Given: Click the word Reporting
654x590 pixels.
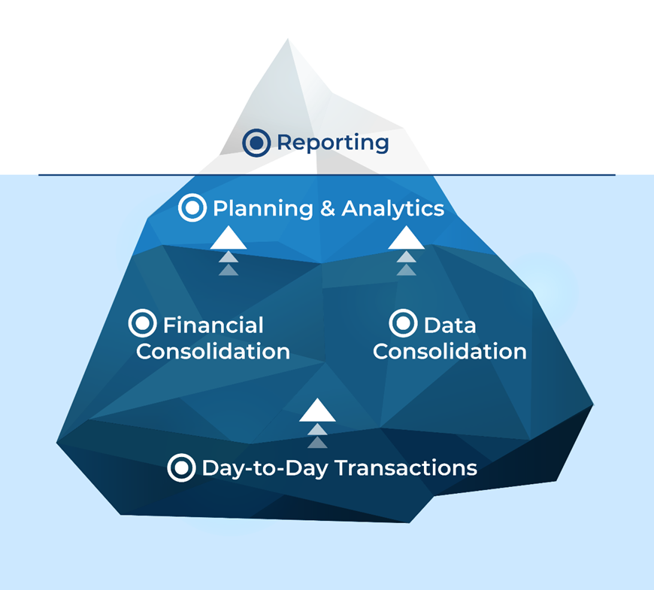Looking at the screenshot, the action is coord(333,144).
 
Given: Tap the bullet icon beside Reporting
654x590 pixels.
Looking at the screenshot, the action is coord(256,143).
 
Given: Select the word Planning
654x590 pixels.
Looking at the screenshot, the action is coord(263,208).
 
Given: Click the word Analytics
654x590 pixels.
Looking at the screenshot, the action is coord(393,208).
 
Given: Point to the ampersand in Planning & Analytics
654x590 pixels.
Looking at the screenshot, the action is coord(328,208).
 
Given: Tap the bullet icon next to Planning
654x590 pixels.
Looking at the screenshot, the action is coord(192,207).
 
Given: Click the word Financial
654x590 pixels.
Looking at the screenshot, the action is coord(213,325).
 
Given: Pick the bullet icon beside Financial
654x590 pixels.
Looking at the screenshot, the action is coord(143,323).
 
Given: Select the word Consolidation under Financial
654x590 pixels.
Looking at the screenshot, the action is coord(213,352).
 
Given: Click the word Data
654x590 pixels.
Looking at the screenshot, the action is coord(450,325).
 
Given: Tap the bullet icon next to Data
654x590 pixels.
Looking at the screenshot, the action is coord(404,323).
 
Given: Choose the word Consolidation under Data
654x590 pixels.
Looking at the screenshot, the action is coord(450,352).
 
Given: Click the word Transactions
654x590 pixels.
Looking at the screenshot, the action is coord(406,467).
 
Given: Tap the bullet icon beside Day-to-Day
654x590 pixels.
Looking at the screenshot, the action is coord(181,467).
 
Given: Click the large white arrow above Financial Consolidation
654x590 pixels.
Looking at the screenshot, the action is coord(229,238).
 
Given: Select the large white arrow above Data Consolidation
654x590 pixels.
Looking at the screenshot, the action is coord(406,238).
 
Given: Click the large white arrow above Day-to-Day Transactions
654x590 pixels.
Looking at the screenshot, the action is coord(317,410).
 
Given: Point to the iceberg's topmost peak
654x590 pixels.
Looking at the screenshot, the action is coord(288,39).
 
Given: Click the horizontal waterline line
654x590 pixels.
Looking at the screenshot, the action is coord(327,175).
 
